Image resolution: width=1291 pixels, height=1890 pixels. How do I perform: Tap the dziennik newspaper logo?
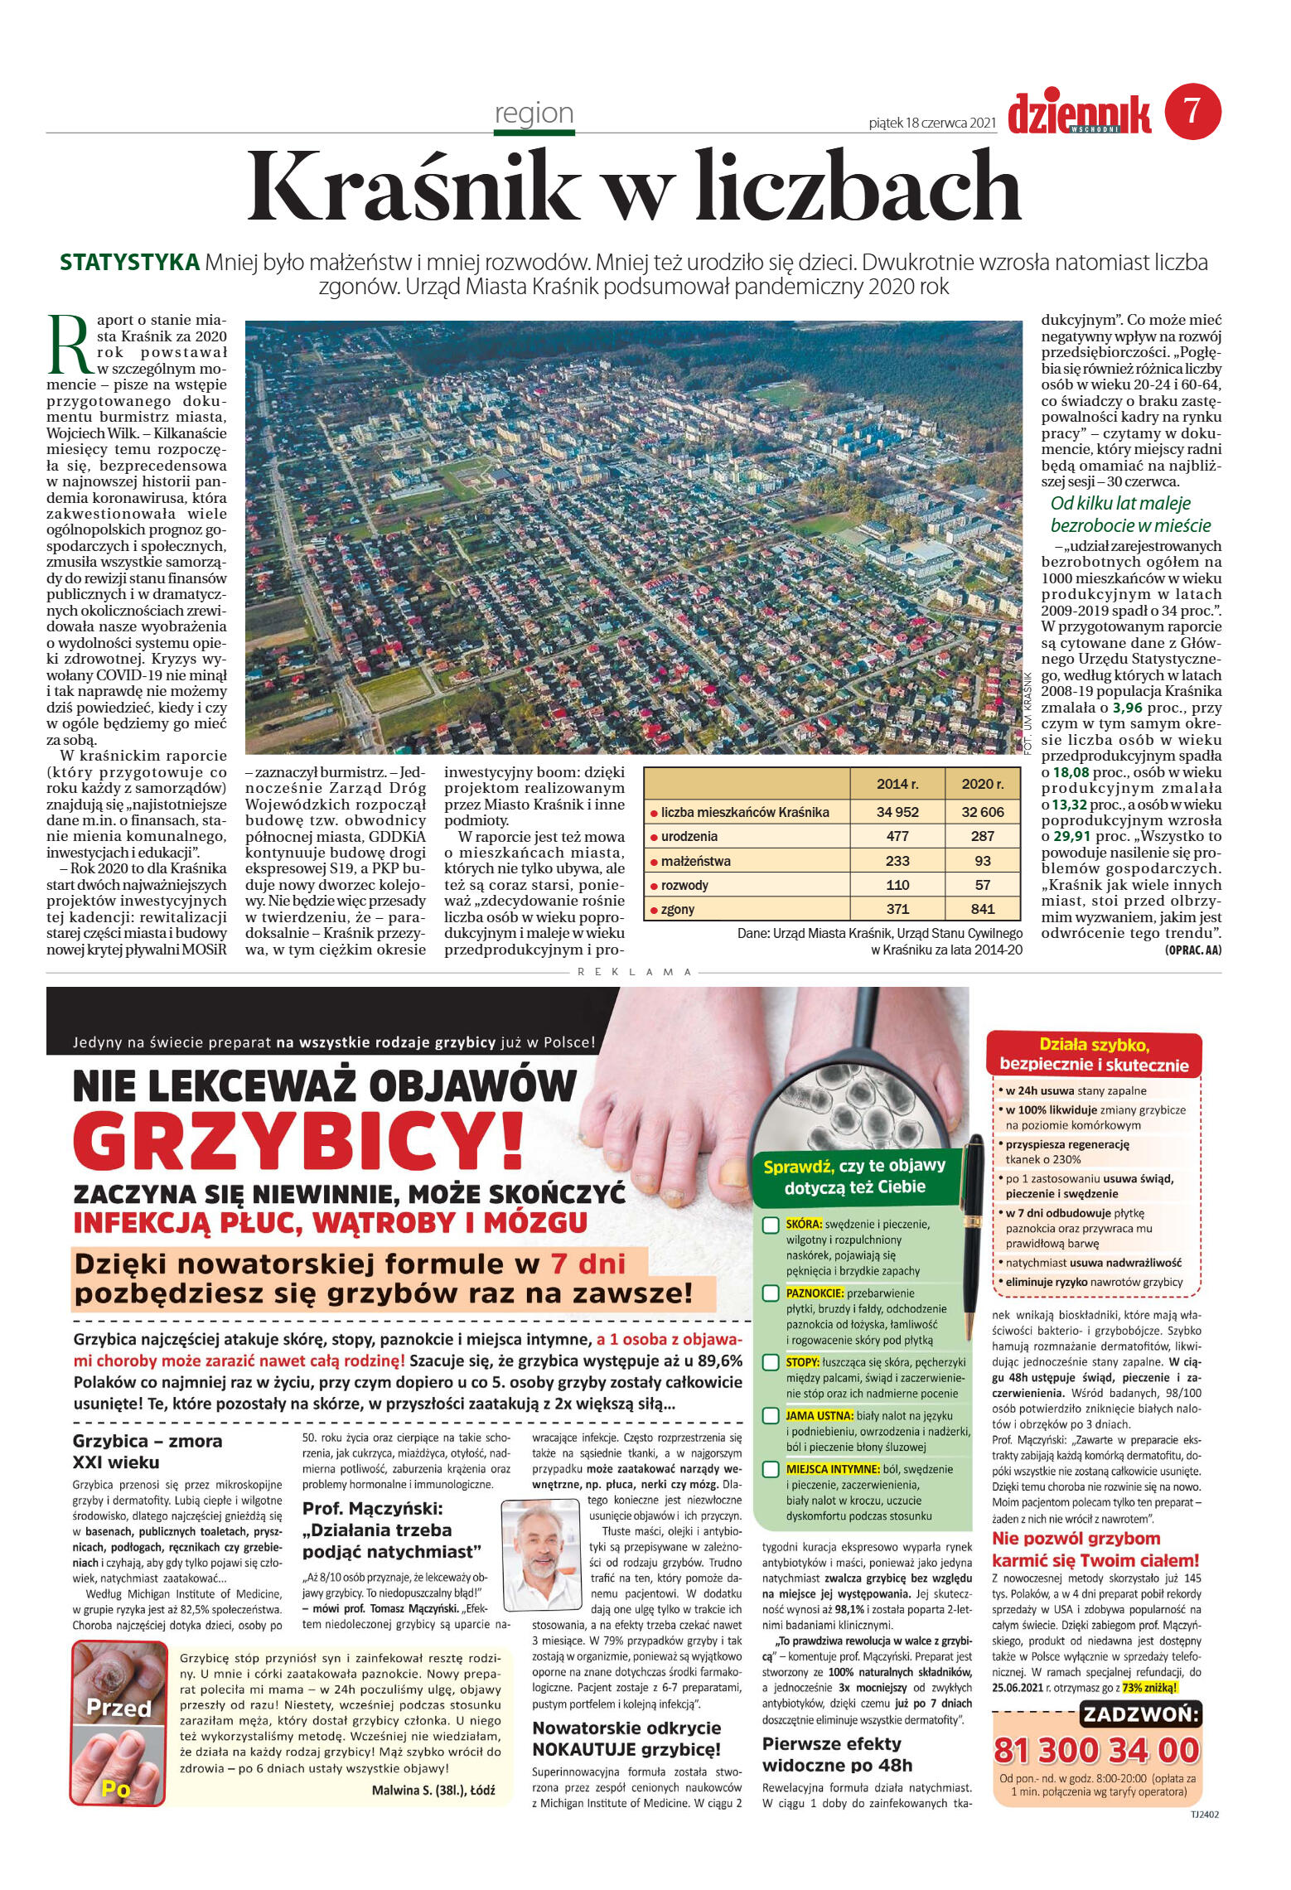click(x=1080, y=114)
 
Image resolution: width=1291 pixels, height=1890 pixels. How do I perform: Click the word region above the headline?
click(x=534, y=113)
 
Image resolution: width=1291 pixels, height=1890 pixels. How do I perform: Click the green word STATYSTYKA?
click(x=130, y=263)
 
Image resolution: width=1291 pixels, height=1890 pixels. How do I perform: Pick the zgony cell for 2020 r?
click(x=982, y=908)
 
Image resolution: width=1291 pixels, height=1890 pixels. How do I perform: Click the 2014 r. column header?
click(x=897, y=784)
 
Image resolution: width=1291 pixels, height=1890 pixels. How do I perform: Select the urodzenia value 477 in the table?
click(x=897, y=836)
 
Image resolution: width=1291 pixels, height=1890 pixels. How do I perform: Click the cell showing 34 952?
click(x=897, y=812)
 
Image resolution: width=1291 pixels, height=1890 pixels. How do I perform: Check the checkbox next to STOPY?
click(x=770, y=1362)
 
